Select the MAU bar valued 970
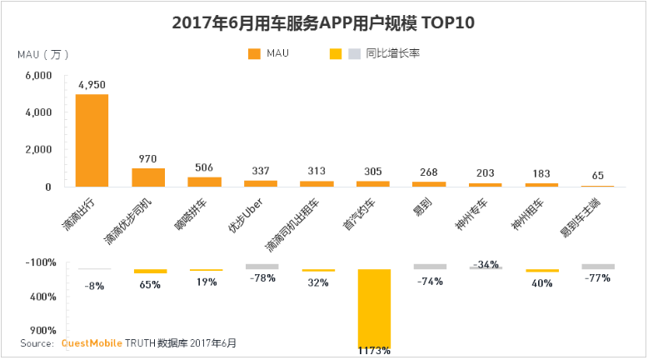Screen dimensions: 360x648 tap(148, 177)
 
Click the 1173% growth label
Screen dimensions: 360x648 tap(373, 351)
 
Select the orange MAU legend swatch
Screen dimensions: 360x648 tap(254, 54)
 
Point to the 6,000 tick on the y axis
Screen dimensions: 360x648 tap(38, 75)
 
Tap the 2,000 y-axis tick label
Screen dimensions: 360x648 tap(38, 149)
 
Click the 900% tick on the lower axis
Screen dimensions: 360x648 tap(42, 330)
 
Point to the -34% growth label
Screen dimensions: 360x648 tap(485, 265)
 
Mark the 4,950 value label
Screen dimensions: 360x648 tap(92, 84)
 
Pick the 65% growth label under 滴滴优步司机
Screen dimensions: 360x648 tap(149, 284)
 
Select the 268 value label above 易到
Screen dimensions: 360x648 tap(429, 172)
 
